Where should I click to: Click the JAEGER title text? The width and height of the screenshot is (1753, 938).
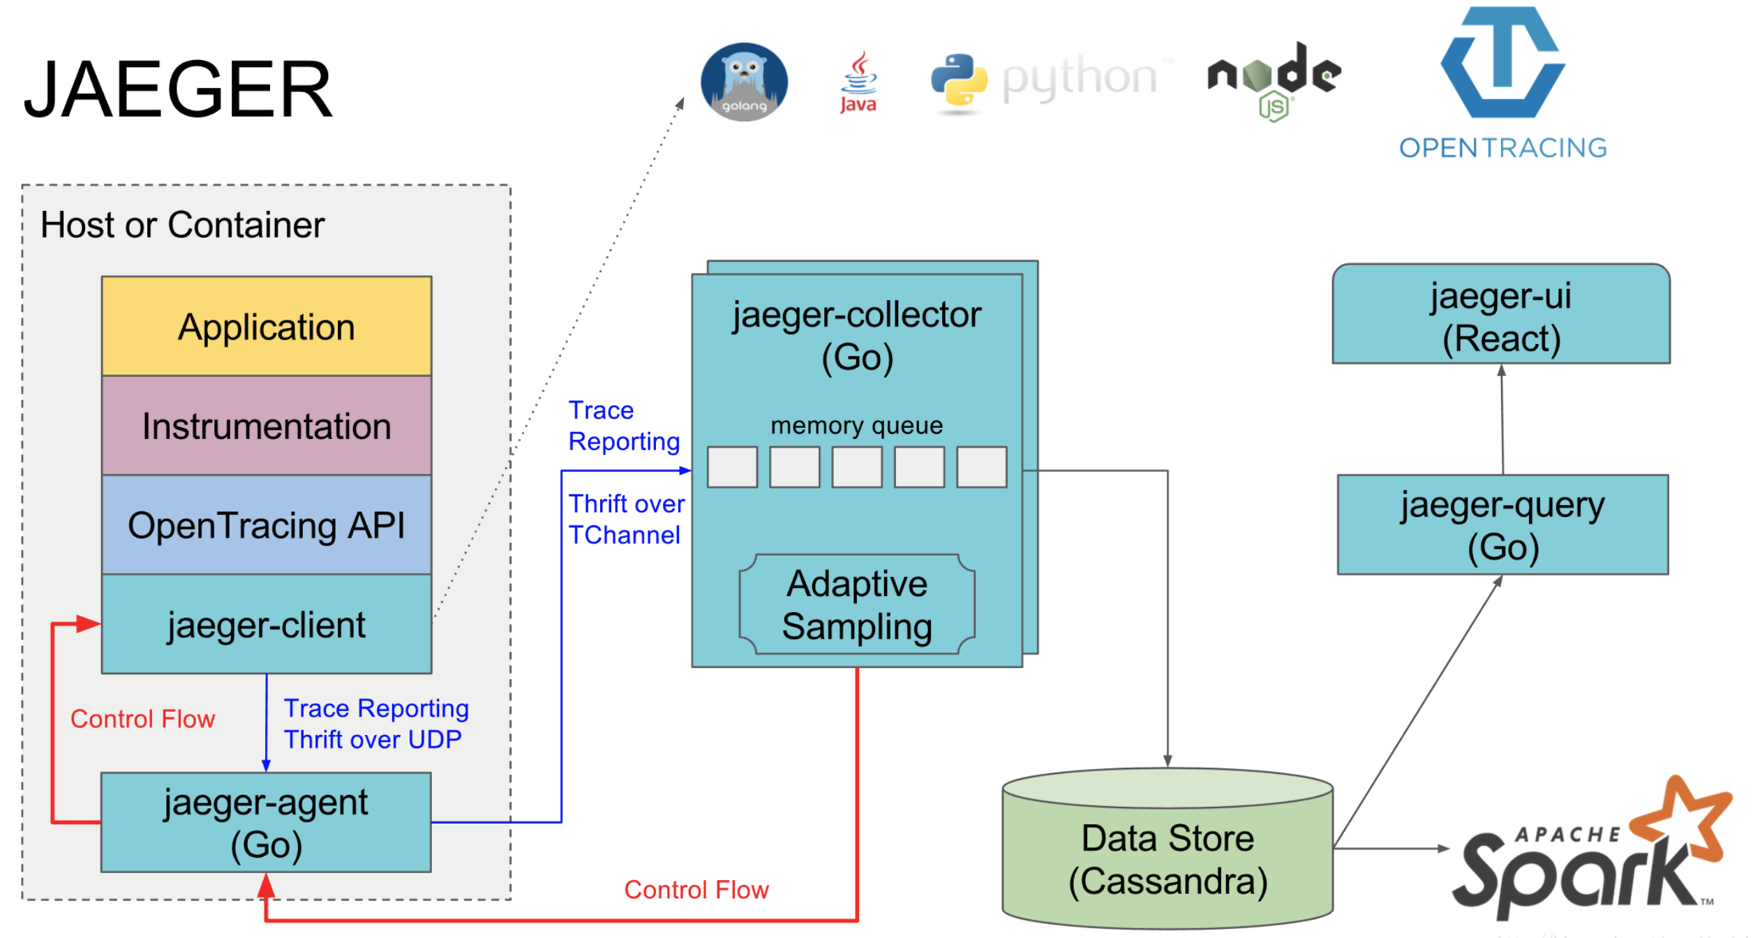coord(179,89)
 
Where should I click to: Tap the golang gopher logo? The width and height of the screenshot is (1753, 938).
coord(744,82)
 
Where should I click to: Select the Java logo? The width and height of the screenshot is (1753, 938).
coord(858,82)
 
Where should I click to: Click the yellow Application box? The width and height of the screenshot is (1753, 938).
coord(267,327)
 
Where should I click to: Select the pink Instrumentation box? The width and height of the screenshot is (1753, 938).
coord(267,426)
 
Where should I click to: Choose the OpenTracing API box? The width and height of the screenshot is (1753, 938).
coord(267,525)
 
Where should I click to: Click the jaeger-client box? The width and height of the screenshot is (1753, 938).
coord(267,624)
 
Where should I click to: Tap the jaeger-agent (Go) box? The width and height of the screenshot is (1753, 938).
coord(266,822)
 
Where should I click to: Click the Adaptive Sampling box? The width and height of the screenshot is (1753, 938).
coord(857,604)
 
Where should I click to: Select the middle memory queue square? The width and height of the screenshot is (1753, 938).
coord(857,467)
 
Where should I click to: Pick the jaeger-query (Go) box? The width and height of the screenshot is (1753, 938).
coord(1502,525)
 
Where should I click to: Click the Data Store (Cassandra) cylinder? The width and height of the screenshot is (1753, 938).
coord(1168,858)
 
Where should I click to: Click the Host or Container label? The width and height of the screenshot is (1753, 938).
coord(182,225)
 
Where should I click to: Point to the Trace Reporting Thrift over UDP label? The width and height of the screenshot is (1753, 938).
coord(375,724)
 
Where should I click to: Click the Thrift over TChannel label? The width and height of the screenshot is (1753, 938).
coord(626,519)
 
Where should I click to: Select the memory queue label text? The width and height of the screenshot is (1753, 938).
coord(856,425)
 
